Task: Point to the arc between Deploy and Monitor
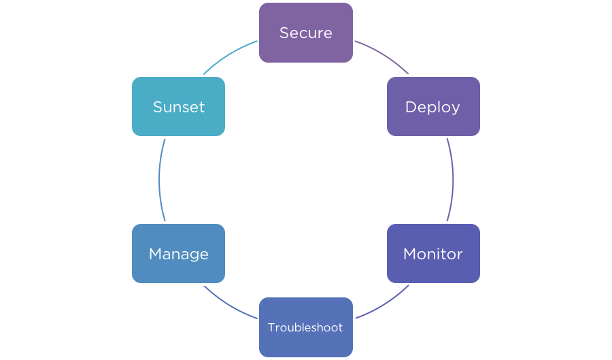point(453,180)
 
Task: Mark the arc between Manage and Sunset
point(159,180)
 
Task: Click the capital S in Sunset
point(157,107)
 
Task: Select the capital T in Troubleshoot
point(271,327)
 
